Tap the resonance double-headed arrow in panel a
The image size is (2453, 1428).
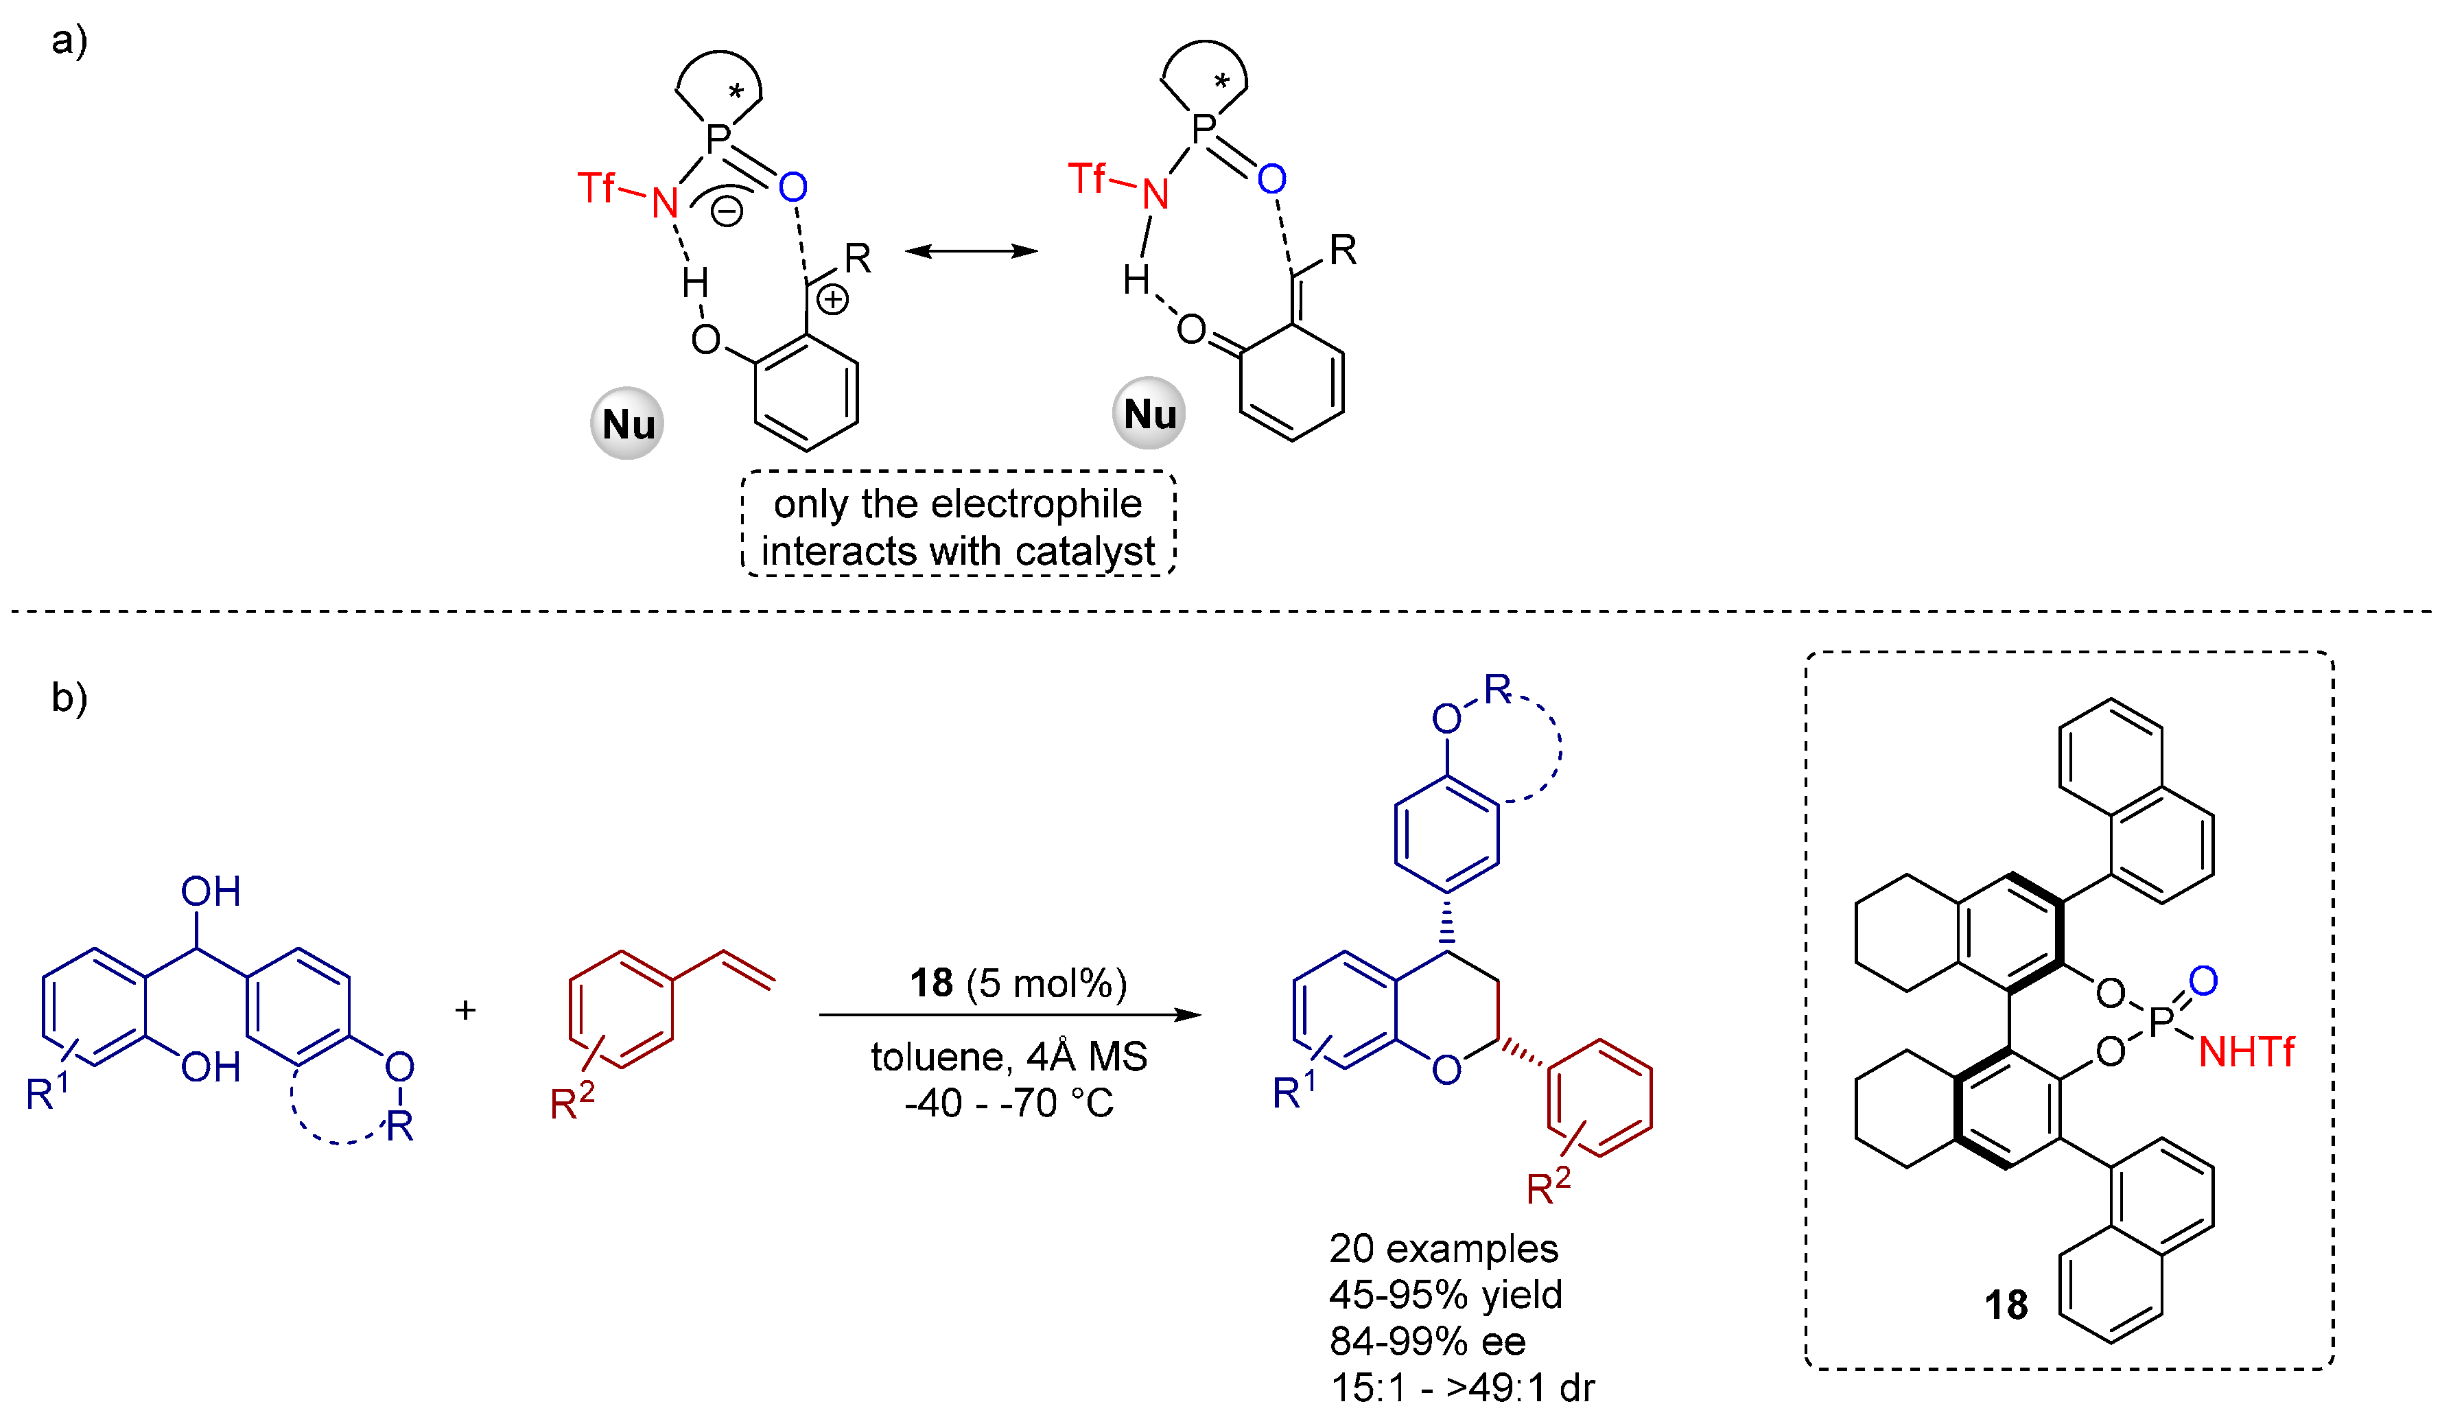click(x=970, y=251)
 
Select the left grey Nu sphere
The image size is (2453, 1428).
click(x=628, y=423)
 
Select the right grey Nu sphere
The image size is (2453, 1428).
click(x=1149, y=414)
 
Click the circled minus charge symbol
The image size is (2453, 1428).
click(x=726, y=210)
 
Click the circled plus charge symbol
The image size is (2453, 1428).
click(x=832, y=300)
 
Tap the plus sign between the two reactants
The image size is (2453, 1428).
click(x=465, y=1009)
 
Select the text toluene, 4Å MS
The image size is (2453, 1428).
click(x=1009, y=1056)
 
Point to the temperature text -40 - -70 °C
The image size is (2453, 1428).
click(x=1009, y=1103)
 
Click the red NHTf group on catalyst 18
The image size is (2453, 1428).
click(x=2246, y=1052)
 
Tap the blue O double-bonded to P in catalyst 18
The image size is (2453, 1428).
click(x=2203, y=980)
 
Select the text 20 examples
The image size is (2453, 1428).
click(x=1444, y=1248)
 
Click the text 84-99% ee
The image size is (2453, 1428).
click(x=1427, y=1342)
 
